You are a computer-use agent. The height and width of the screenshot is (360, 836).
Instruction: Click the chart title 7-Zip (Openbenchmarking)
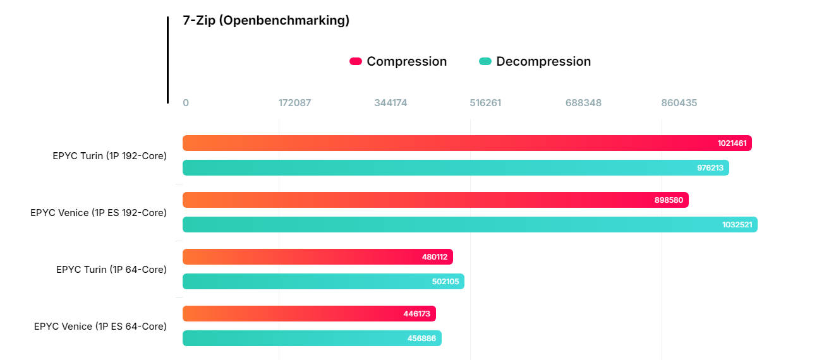[x=266, y=20]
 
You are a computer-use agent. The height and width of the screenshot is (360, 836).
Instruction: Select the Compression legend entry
[x=398, y=61]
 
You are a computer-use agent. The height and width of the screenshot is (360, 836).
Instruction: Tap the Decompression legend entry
[x=535, y=61]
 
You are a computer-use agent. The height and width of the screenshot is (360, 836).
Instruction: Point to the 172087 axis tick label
[x=294, y=103]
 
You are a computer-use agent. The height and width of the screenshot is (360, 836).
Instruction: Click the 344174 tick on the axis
[x=391, y=103]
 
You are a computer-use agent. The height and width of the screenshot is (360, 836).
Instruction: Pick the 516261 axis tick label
[x=485, y=103]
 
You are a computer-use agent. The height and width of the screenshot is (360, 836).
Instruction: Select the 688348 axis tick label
[x=583, y=103]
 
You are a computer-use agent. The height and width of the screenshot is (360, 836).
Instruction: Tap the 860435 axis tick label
[x=679, y=103]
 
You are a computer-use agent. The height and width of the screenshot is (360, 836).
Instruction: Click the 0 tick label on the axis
[x=186, y=103]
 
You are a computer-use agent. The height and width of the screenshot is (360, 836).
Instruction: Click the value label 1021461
[x=732, y=143]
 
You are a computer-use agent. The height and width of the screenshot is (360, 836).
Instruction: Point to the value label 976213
[x=710, y=168]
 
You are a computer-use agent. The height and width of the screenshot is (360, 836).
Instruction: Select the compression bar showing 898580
[x=435, y=200]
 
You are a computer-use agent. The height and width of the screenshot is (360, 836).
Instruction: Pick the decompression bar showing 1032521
[x=469, y=225]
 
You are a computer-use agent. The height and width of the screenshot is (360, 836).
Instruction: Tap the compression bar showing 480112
[x=317, y=257]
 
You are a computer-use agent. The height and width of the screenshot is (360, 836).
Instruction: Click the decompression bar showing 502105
[x=323, y=282]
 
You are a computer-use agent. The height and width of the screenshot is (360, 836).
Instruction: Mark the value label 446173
[x=417, y=314]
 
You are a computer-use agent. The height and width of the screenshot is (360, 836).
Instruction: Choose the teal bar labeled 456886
[x=312, y=339]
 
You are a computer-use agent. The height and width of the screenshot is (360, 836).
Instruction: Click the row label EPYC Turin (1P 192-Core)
[x=110, y=155]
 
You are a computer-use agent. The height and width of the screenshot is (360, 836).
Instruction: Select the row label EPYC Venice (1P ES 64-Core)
[x=100, y=327]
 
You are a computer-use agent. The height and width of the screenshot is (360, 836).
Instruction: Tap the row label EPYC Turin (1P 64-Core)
[x=111, y=270]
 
